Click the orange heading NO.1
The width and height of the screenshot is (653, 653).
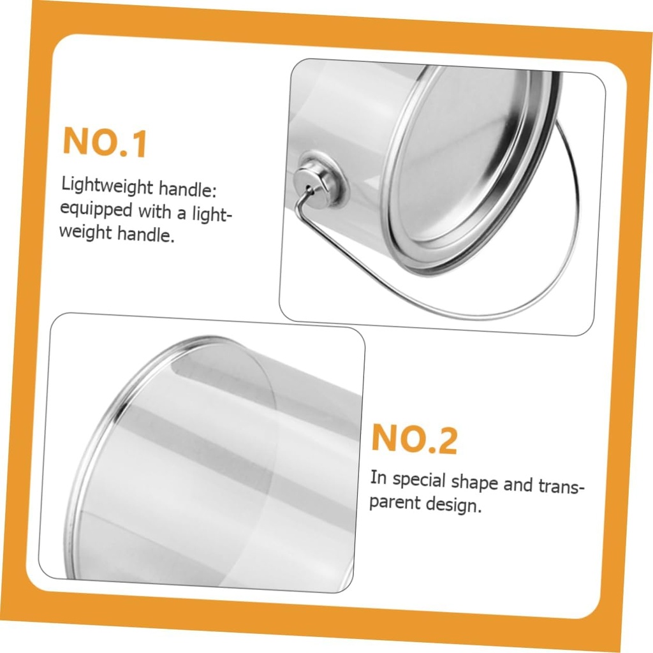tap(105, 142)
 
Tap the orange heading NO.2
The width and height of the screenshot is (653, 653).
tap(415, 439)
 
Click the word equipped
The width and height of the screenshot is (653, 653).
tap(96, 209)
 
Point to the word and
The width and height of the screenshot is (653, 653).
tap(518, 485)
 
